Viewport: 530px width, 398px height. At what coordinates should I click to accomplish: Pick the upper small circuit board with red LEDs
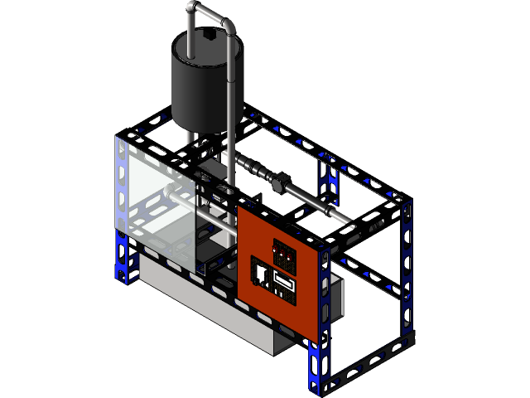[x=286, y=254]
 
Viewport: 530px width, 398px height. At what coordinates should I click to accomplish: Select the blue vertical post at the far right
[x=407, y=265]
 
